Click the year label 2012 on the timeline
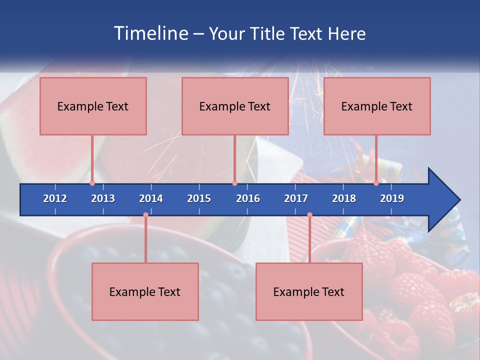[55, 198]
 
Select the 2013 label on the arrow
[103, 198]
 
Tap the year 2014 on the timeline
[151, 198]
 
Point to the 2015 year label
[199, 198]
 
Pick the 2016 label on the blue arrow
[248, 198]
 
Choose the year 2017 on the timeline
[296, 198]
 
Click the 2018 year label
[344, 198]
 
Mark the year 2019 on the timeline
[392, 198]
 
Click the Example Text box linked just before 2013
[93, 106]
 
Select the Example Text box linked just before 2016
[235, 106]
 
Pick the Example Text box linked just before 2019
[377, 106]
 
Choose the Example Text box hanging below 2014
[145, 291]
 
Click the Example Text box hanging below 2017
[309, 291]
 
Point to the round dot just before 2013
[92, 183]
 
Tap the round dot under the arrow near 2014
[145, 215]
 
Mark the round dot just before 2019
[376, 183]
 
